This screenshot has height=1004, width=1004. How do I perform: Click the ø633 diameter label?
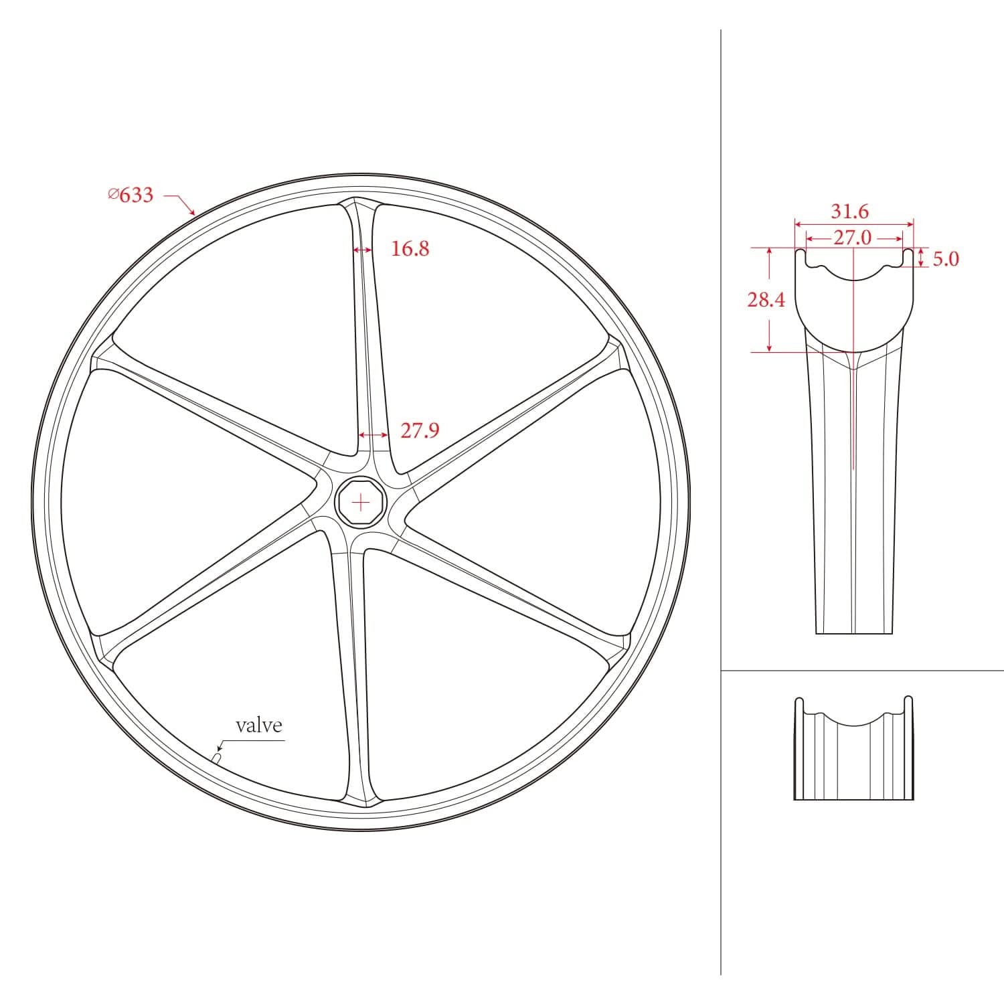pos(131,195)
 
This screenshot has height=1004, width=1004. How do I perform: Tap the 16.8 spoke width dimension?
pos(410,249)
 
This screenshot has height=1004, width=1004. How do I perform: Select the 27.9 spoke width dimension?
pos(420,430)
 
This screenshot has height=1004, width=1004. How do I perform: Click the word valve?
pos(259,725)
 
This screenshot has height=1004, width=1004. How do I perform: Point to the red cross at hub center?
pos(361,502)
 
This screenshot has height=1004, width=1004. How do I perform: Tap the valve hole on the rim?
pos(216,757)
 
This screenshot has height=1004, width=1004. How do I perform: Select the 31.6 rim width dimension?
pos(849,212)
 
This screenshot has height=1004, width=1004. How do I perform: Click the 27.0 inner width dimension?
pos(852,238)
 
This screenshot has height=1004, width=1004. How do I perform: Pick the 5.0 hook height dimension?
pos(945,259)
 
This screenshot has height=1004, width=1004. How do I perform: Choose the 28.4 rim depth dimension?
pos(766,300)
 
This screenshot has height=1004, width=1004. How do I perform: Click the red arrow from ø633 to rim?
pos(181,203)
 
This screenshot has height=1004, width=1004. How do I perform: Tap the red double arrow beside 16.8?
pos(362,250)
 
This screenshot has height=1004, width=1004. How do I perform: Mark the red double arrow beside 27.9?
pos(373,435)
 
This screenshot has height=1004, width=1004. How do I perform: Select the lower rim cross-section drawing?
pos(853,750)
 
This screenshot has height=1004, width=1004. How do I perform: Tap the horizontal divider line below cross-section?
pos(863,670)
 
